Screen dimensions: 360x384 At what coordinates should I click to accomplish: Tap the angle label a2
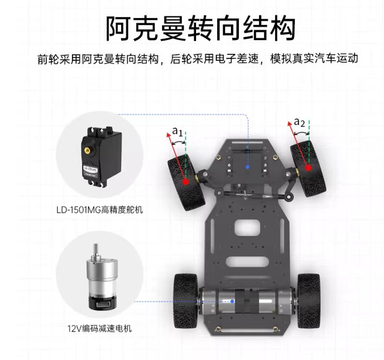[x=300, y=123]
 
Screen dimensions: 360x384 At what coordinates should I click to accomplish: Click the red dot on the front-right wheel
[x=309, y=168]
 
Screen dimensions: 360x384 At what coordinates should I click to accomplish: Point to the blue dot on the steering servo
[x=247, y=167]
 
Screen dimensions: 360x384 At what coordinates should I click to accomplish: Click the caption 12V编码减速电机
[x=100, y=329]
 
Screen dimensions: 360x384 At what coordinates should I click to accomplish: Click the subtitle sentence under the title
[x=198, y=59]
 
